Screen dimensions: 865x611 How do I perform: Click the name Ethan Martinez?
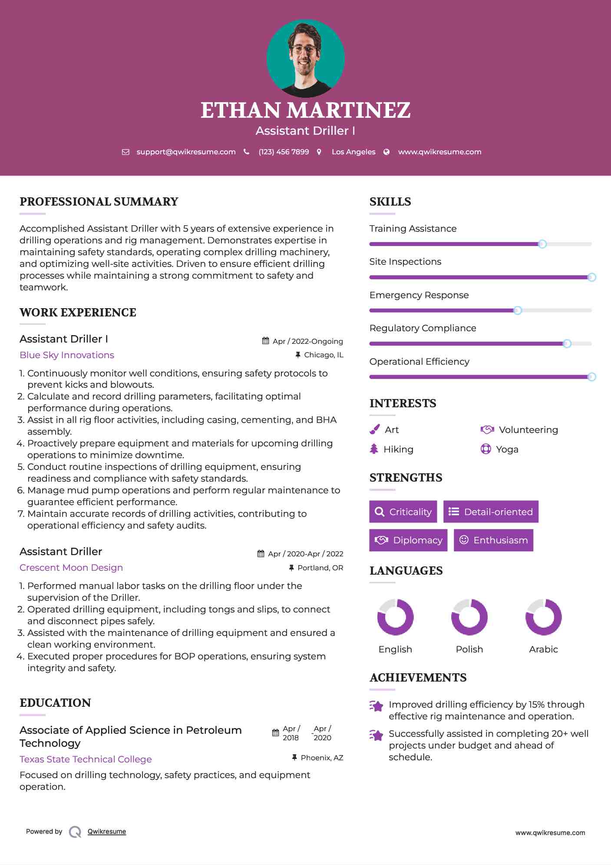point(305,110)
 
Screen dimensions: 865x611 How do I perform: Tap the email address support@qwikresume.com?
point(186,152)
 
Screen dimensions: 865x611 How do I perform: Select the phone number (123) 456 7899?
point(284,152)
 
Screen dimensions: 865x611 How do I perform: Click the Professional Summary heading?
point(99,202)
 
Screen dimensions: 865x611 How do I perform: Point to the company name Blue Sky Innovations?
point(67,355)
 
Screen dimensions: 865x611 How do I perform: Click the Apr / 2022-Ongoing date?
point(307,341)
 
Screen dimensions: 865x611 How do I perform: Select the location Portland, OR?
point(320,568)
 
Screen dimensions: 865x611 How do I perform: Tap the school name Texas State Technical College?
point(86,759)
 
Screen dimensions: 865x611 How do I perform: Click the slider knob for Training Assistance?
point(542,244)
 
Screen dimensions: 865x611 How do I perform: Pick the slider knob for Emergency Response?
point(517,310)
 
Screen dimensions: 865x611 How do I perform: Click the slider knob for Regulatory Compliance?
point(567,344)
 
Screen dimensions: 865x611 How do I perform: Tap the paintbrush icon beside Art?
point(374,429)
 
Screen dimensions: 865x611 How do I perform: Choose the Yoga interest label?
point(507,449)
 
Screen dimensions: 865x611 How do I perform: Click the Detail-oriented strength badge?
point(491,512)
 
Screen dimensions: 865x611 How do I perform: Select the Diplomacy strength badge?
point(408,540)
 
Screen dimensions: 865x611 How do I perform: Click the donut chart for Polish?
point(469,617)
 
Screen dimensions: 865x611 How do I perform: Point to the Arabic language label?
point(543,649)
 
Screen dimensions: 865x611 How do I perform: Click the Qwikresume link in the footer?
point(107,832)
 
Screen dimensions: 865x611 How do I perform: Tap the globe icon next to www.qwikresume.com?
point(386,152)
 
